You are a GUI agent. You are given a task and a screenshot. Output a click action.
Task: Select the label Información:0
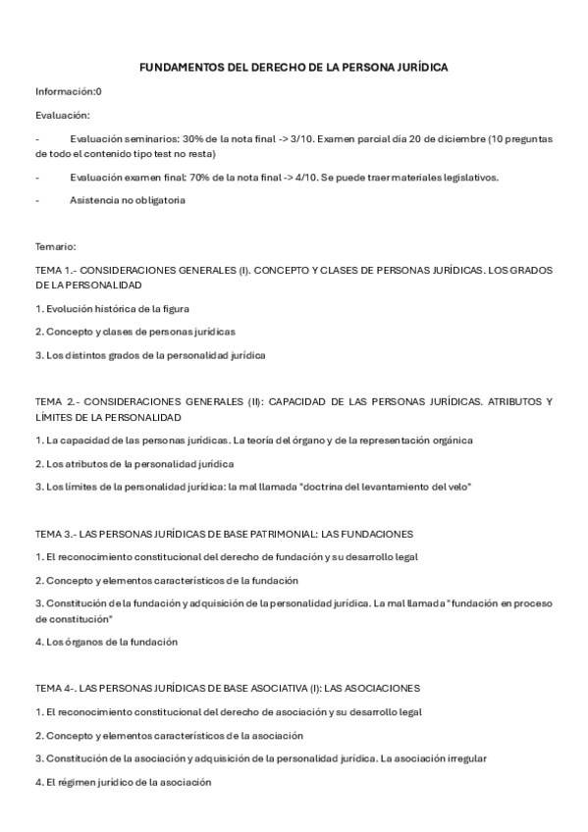click(x=69, y=91)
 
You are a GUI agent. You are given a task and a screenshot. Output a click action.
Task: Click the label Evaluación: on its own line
click(x=63, y=115)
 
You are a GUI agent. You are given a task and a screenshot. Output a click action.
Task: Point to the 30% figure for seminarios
click(x=192, y=139)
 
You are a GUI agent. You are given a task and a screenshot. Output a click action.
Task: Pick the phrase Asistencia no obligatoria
click(x=128, y=200)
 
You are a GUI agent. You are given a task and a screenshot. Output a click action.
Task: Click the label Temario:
click(x=56, y=246)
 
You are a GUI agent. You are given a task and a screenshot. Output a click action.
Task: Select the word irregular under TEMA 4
click(x=465, y=758)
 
